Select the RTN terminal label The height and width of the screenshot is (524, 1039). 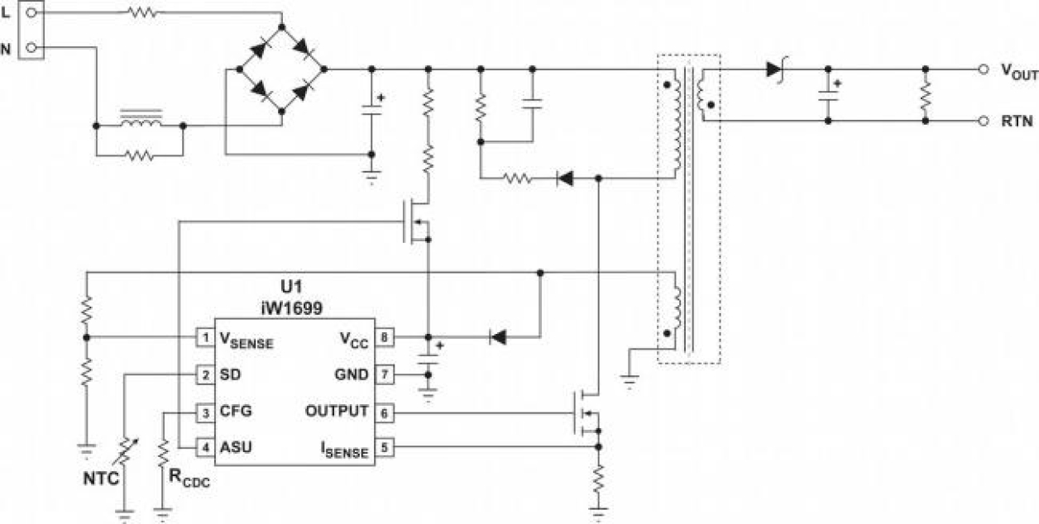tap(1016, 121)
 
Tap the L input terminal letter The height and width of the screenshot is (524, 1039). tap(7, 12)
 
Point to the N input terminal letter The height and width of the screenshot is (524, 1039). tap(7, 49)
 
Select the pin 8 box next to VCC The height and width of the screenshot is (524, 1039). tap(384, 337)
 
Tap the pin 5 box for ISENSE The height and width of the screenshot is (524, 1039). tap(384, 447)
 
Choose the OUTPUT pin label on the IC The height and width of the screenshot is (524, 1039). tap(337, 411)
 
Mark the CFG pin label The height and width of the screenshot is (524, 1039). tap(236, 411)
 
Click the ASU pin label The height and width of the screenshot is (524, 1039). tap(236, 447)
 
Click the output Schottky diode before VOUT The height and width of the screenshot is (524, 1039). tap(774, 69)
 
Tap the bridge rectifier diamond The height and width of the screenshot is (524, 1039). tap(282, 69)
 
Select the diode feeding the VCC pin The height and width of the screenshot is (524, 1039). tap(498, 337)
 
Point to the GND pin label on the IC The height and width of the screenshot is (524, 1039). tap(352, 374)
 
